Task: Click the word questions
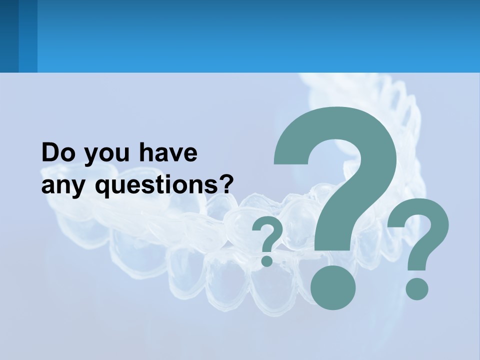click(x=151, y=186)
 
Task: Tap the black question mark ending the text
click(x=226, y=184)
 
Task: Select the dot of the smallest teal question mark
click(x=267, y=260)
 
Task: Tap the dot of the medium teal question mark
click(x=416, y=289)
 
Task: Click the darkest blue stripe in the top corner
click(x=9, y=36)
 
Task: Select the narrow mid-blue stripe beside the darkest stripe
click(x=27, y=36)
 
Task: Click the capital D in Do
click(x=50, y=152)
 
